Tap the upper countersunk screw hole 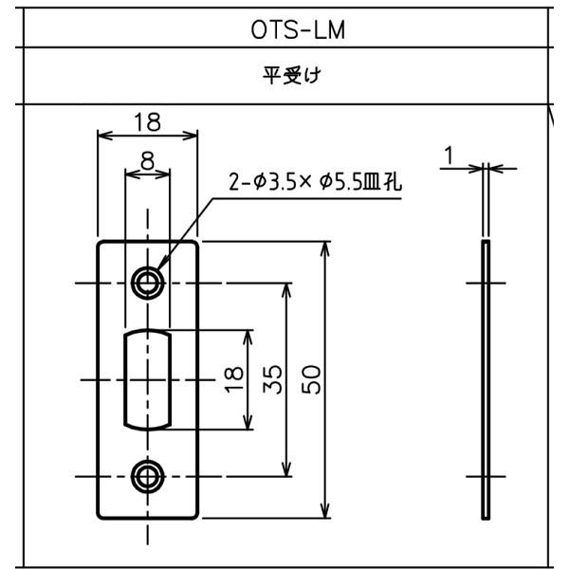(147, 282)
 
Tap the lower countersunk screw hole (147, 475)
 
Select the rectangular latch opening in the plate (147, 378)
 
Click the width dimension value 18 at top (147, 121)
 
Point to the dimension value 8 (147, 161)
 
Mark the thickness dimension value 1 (450, 154)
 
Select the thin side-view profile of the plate (486, 379)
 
